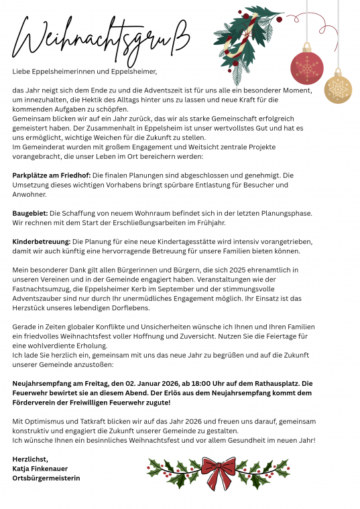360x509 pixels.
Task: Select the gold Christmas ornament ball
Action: pos(338,89)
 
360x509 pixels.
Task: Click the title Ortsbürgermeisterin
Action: pos(46,478)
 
